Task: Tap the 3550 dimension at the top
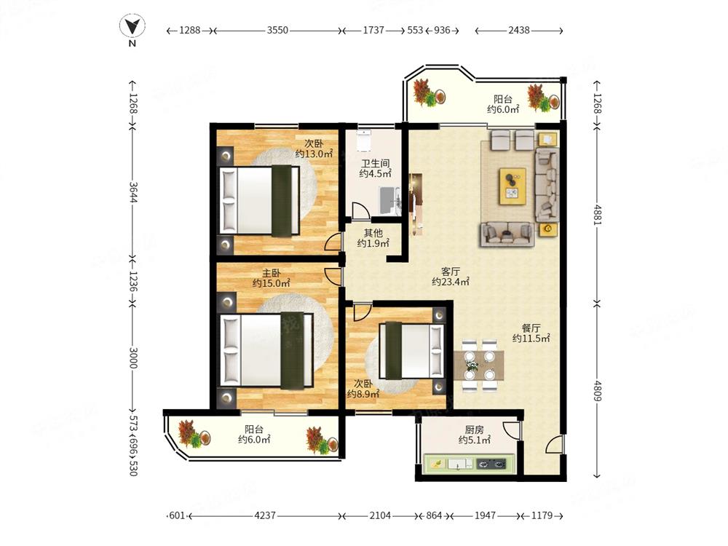(x=277, y=30)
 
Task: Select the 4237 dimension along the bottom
(x=265, y=515)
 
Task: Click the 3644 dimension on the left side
(x=133, y=191)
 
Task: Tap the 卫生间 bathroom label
(x=375, y=163)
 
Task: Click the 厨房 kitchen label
(x=474, y=430)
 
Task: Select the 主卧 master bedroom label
(x=271, y=272)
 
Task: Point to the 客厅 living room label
(x=451, y=271)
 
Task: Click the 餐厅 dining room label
(x=531, y=328)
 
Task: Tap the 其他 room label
(x=373, y=233)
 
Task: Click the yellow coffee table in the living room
(x=513, y=186)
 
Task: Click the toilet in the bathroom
(x=364, y=141)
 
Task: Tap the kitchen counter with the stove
(x=470, y=464)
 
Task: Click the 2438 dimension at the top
(x=518, y=30)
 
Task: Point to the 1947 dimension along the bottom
(x=485, y=515)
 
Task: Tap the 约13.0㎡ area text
(x=314, y=154)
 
